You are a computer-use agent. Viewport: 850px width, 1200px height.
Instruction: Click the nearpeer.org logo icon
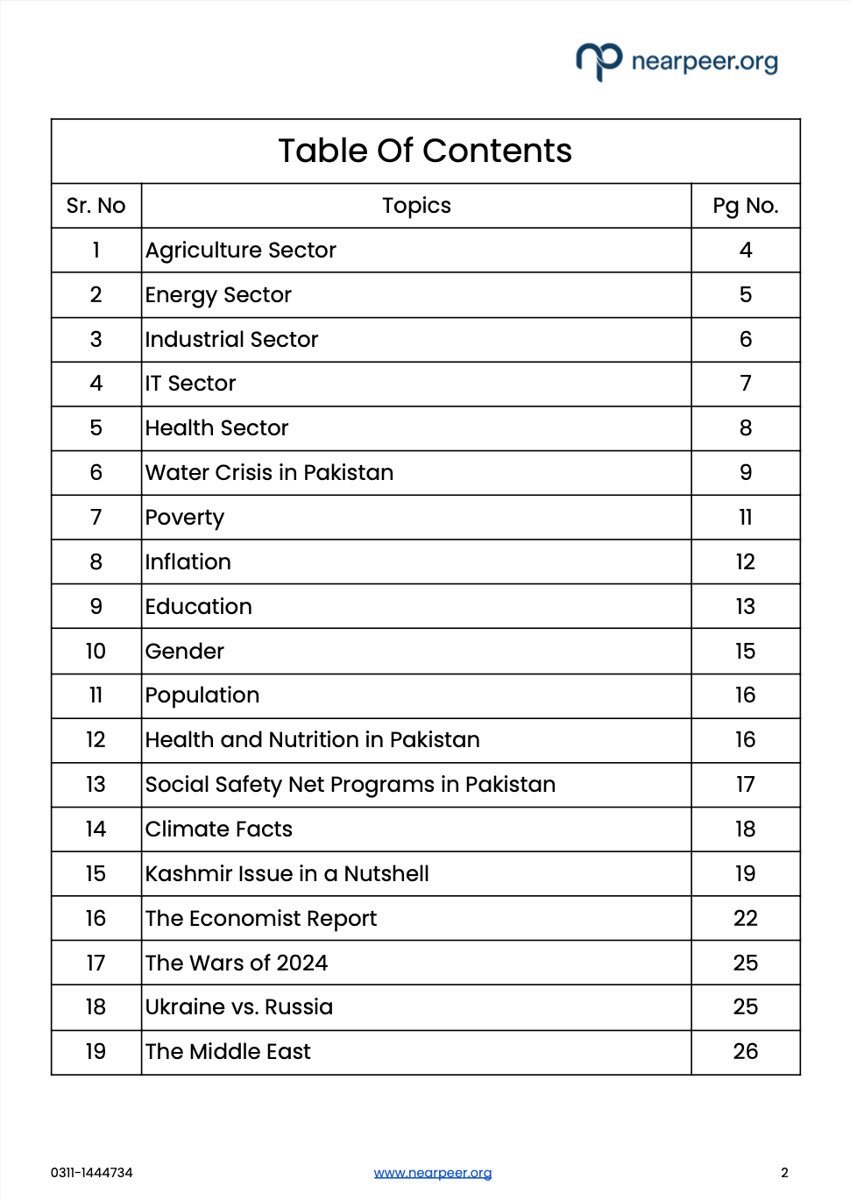tap(599, 60)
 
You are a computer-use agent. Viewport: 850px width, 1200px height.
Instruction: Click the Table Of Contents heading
tap(425, 151)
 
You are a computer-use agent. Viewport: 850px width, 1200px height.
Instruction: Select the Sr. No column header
tap(96, 206)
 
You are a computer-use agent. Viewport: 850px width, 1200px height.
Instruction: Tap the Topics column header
tap(416, 206)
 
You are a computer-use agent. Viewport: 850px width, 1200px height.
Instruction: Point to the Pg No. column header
tap(745, 206)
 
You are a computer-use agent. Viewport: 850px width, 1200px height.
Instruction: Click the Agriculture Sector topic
tap(241, 251)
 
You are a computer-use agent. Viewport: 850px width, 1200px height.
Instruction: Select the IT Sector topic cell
tap(191, 384)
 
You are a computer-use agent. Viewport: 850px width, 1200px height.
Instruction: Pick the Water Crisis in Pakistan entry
tap(270, 473)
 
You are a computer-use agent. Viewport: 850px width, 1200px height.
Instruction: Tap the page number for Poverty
tap(745, 518)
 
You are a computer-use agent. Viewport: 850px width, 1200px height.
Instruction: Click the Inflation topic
tap(188, 562)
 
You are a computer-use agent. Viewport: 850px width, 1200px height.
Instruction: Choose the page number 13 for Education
tap(745, 607)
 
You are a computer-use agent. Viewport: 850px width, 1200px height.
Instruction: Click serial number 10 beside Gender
tap(96, 652)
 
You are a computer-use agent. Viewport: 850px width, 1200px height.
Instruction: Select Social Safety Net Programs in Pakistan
tap(351, 785)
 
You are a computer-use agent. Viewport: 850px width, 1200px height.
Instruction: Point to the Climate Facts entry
tap(219, 829)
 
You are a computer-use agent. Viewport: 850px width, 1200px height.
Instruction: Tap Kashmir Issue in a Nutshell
tap(287, 874)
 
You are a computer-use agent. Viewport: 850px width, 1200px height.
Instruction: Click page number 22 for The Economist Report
tap(745, 919)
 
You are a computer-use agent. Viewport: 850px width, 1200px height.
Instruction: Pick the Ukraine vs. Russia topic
tap(239, 1007)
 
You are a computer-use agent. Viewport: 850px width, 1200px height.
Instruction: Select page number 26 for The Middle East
tap(745, 1052)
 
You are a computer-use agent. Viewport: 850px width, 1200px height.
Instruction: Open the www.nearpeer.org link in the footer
tap(433, 1173)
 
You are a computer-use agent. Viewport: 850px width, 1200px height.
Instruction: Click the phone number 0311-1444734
tap(92, 1173)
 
